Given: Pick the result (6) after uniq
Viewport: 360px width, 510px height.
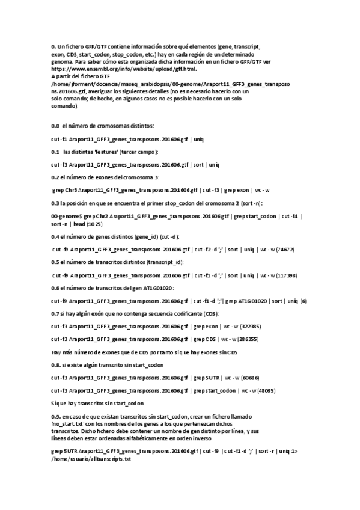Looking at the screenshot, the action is click(x=304, y=301).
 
